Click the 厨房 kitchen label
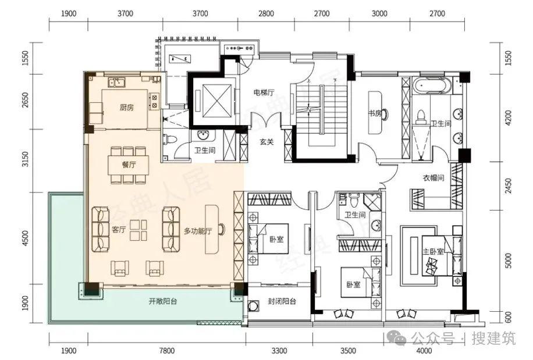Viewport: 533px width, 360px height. pos(126,108)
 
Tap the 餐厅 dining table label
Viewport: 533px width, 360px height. pos(129,165)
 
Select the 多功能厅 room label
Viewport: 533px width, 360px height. pos(197,231)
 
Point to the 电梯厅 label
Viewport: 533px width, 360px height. pos(264,92)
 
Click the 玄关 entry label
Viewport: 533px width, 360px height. pos(266,142)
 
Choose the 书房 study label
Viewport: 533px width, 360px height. pos(375,113)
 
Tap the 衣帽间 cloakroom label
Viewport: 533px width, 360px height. pos(433,177)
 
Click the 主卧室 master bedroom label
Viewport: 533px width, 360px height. pos(433,252)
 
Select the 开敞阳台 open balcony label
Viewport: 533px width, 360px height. pos(163,301)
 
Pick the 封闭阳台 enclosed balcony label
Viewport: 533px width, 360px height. pos(282,301)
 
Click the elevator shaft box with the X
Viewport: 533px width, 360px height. pos(216,101)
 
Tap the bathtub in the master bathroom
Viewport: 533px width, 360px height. pos(432,85)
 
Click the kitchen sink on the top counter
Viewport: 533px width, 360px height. pos(116,82)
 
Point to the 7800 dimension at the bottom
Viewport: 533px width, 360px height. pos(166,351)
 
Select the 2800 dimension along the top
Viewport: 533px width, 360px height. pos(266,13)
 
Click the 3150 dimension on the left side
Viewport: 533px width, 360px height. pos(25,159)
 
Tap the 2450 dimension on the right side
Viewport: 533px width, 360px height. pos(508,186)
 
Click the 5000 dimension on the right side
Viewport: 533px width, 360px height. pos(508,261)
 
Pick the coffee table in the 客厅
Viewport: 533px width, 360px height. pos(138,230)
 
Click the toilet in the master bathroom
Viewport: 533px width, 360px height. pos(421,116)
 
